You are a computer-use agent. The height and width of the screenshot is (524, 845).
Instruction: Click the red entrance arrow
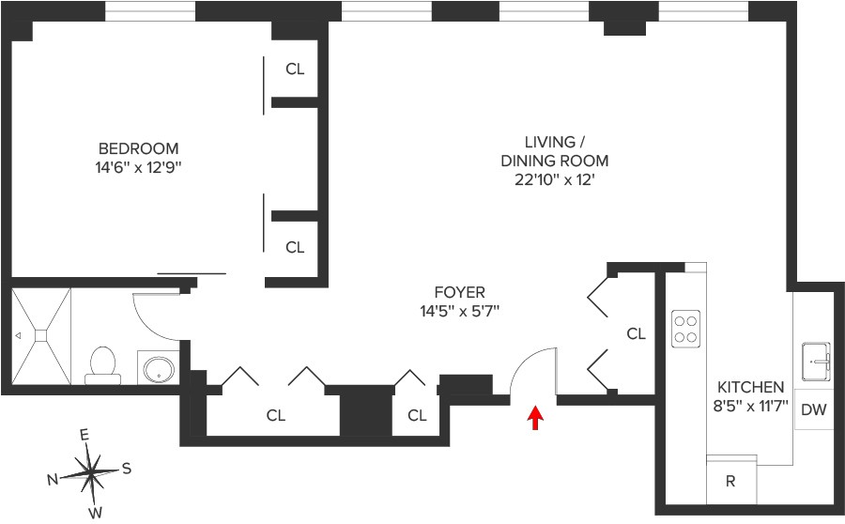pos(535,418)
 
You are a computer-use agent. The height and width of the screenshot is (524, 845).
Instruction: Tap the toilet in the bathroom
pos(102,364)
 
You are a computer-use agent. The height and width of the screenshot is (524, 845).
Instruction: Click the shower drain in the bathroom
pos(41,333)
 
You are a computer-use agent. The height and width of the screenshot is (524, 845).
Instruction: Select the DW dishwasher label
pos(814,409)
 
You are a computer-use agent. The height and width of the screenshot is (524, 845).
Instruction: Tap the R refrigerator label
pos(730,482)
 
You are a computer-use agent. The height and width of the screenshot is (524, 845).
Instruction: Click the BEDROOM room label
pos(138,148)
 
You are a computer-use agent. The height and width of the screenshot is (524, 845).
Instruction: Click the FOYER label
pos(459,292)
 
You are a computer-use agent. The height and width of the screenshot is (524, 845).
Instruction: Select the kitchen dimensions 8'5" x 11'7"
pos(750,407)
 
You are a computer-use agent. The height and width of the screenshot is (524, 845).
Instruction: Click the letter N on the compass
pos(53,479)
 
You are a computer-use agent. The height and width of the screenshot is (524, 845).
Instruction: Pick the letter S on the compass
pos(127,468)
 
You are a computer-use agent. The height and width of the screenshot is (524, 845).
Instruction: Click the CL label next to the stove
pos(637,333)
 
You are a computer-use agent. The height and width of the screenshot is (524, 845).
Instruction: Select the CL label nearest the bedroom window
pos(295,69)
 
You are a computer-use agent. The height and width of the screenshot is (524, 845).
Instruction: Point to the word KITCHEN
pos(750,387)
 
